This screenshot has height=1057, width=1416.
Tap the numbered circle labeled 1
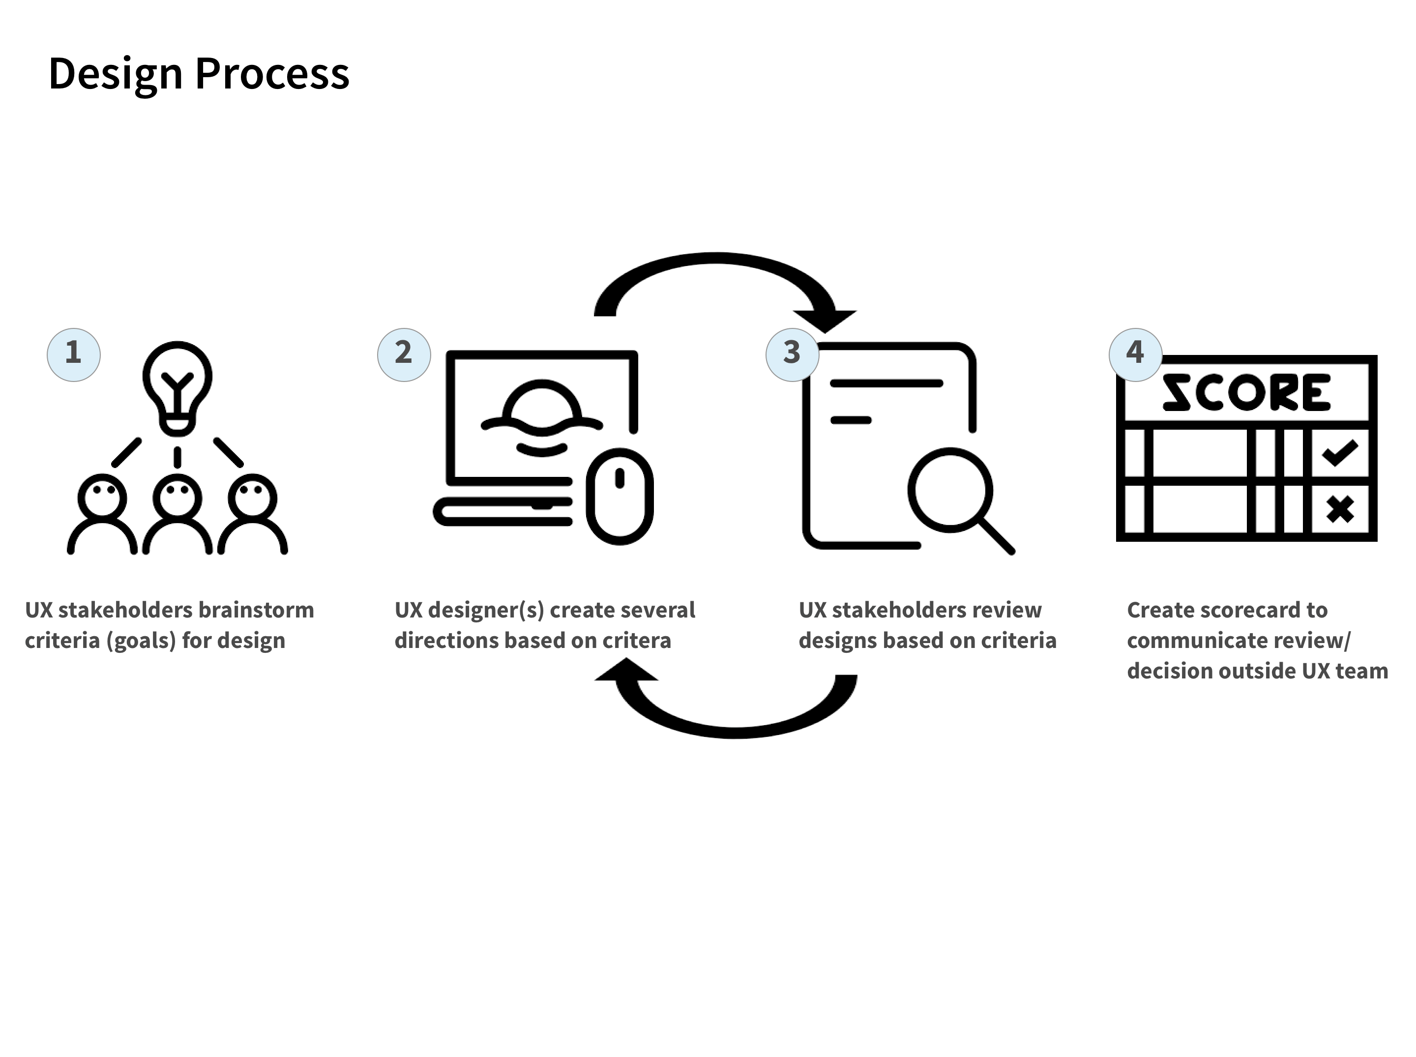tap(74, 354)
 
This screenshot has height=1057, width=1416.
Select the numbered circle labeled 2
tap(404, 354)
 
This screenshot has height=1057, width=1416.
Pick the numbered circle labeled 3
tap(792, 354)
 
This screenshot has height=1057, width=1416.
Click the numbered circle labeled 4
tap(1135, 354)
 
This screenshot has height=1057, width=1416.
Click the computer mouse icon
tap(619, 497)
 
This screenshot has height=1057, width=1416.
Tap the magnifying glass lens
tap(950, 490)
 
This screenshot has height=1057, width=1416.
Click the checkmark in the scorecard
tap(1339, 452)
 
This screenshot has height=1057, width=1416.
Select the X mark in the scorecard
tap(1340, 509)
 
